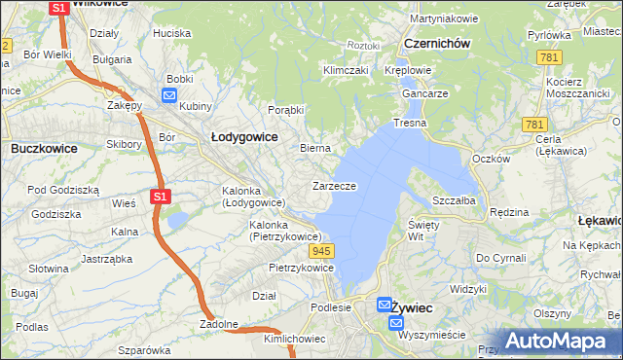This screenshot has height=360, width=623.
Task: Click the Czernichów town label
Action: (x=437, y=44)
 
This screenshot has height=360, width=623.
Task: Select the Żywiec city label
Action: (x=411, y=307)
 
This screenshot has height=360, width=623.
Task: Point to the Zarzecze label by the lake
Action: (x=334, y=185)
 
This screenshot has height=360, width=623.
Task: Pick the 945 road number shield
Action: (x=324, y=251)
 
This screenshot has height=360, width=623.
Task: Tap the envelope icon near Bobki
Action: (x=168, y=96)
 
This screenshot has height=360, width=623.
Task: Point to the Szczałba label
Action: (x=453, y=199)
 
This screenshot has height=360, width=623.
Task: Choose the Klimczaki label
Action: (x=346, y=70)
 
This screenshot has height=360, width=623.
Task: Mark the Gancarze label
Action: (x=423, y=93)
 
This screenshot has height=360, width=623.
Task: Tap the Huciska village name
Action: (x=171, y=32)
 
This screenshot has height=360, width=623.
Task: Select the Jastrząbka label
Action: (x=106, y=259)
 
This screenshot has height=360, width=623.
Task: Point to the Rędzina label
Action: (x=509, y=211)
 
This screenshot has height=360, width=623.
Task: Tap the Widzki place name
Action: (x=468, y=289)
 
